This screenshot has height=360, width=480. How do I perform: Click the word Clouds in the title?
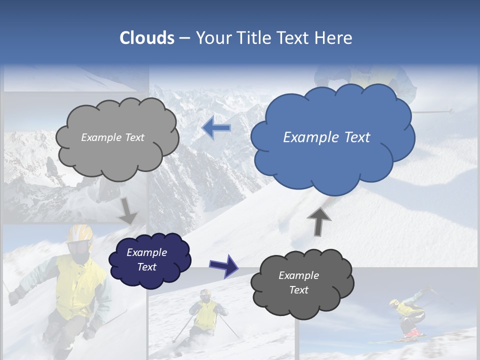click(147, 38)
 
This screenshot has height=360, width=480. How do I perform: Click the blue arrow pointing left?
click(216, 128)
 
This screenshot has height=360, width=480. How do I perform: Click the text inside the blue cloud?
click(326, 137)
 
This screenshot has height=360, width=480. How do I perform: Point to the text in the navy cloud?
click(146, 259)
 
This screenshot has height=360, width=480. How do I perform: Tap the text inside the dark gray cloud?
click(298, 282)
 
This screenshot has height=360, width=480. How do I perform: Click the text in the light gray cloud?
click(112, 137)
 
